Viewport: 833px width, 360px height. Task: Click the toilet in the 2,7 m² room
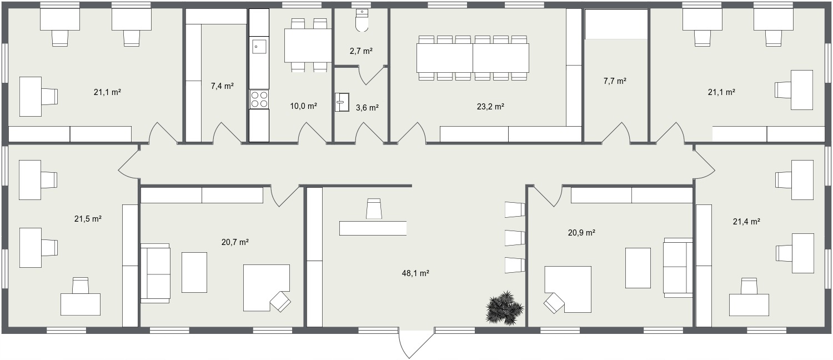point(362,20)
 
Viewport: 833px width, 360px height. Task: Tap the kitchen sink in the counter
point(259,47)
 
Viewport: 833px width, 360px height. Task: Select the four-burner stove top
point(259,99)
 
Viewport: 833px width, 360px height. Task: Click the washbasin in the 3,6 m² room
point(342,102)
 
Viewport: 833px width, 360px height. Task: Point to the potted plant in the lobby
point(505,307)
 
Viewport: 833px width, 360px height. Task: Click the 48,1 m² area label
point(415,273)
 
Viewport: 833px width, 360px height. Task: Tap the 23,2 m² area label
point(490,107)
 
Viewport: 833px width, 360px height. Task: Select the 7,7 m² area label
point(615,81)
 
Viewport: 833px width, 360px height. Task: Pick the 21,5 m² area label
point(88,219)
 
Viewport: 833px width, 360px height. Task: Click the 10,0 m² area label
point(303,106)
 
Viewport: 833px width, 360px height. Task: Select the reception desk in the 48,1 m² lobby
point(373,228)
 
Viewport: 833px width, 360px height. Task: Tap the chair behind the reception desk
point(374,208)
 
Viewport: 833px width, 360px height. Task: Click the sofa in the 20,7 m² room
point(155,273)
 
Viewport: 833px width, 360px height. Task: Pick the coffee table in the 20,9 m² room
point(638,268)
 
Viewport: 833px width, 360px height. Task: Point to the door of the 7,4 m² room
point(227,133)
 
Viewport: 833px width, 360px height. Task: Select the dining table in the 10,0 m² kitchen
point(308,46)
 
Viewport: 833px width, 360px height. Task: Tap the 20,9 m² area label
point(581,233)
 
